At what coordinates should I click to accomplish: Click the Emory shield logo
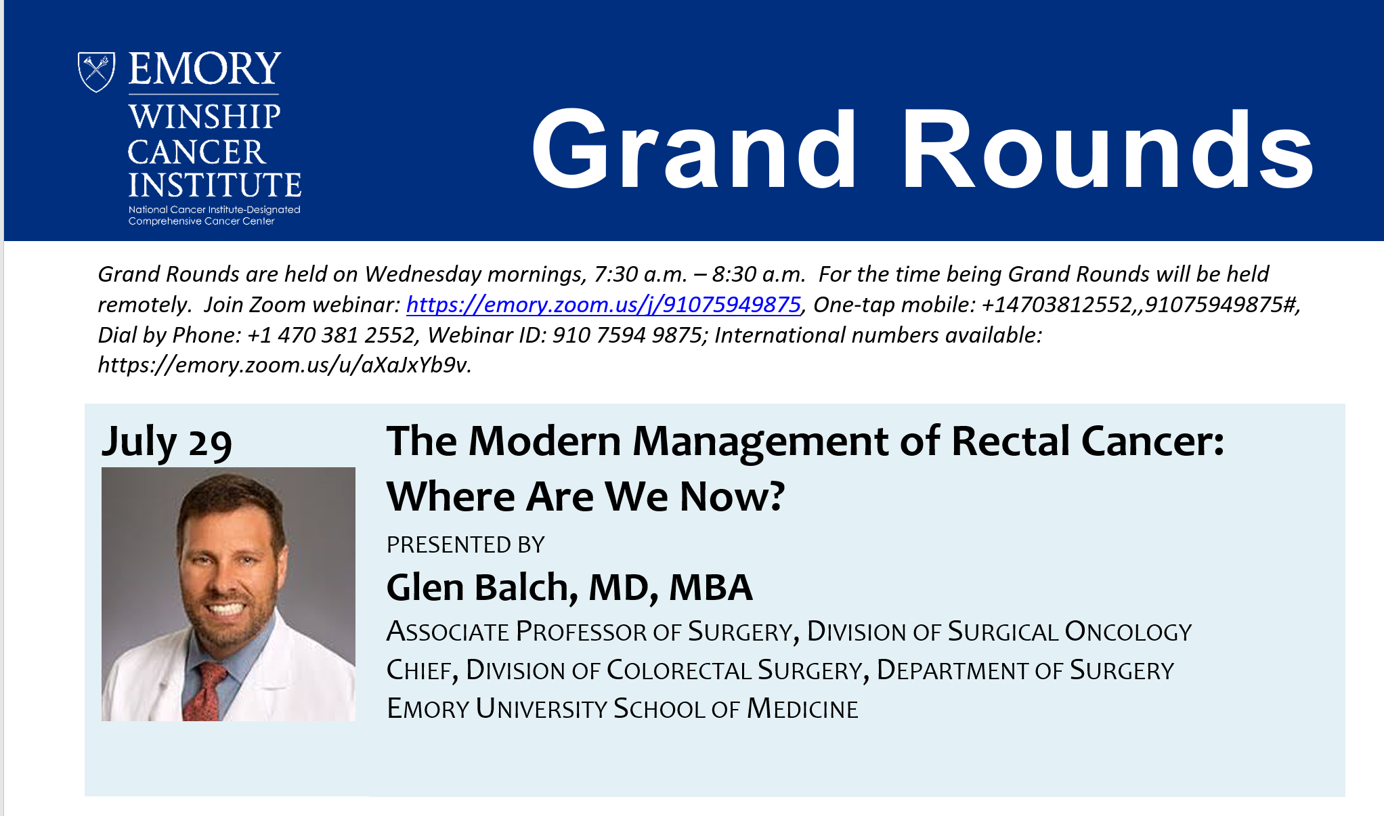click(x=96, y=71)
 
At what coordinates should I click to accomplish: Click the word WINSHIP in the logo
click(x=204, y=117)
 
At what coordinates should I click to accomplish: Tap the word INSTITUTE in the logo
click(x=215, y=185)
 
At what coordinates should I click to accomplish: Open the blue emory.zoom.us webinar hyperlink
click(x=603, y=305)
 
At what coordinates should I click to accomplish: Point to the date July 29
click(x=167, y=442)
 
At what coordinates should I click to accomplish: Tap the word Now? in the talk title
click(x=732, y=496)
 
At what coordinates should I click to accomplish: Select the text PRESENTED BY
click(x=465, y=544)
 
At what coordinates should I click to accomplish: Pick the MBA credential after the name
click(x=710, y=587)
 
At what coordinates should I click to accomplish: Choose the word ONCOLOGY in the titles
click(x=1127, y=632)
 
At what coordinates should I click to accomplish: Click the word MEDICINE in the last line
click(x=802, y=709)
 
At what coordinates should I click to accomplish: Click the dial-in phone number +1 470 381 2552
click(x=332, y=335)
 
